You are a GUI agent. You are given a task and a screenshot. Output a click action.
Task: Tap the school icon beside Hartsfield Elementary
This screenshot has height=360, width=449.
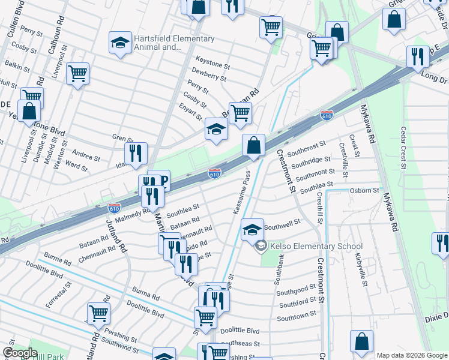pos(120,43)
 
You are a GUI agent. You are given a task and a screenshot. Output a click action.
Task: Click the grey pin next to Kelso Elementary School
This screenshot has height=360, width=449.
pos(261,246)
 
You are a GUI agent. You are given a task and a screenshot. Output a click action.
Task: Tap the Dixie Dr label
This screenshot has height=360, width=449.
pos(437,322)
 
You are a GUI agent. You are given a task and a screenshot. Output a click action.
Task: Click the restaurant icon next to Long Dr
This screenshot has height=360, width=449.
pos(417,56)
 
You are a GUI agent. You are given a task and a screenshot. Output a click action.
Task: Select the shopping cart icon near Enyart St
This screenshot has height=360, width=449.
pos(240,112)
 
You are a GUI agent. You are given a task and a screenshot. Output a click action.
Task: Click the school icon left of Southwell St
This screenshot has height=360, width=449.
pos(252,229)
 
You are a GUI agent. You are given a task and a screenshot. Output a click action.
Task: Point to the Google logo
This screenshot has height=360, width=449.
pos(20,353)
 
